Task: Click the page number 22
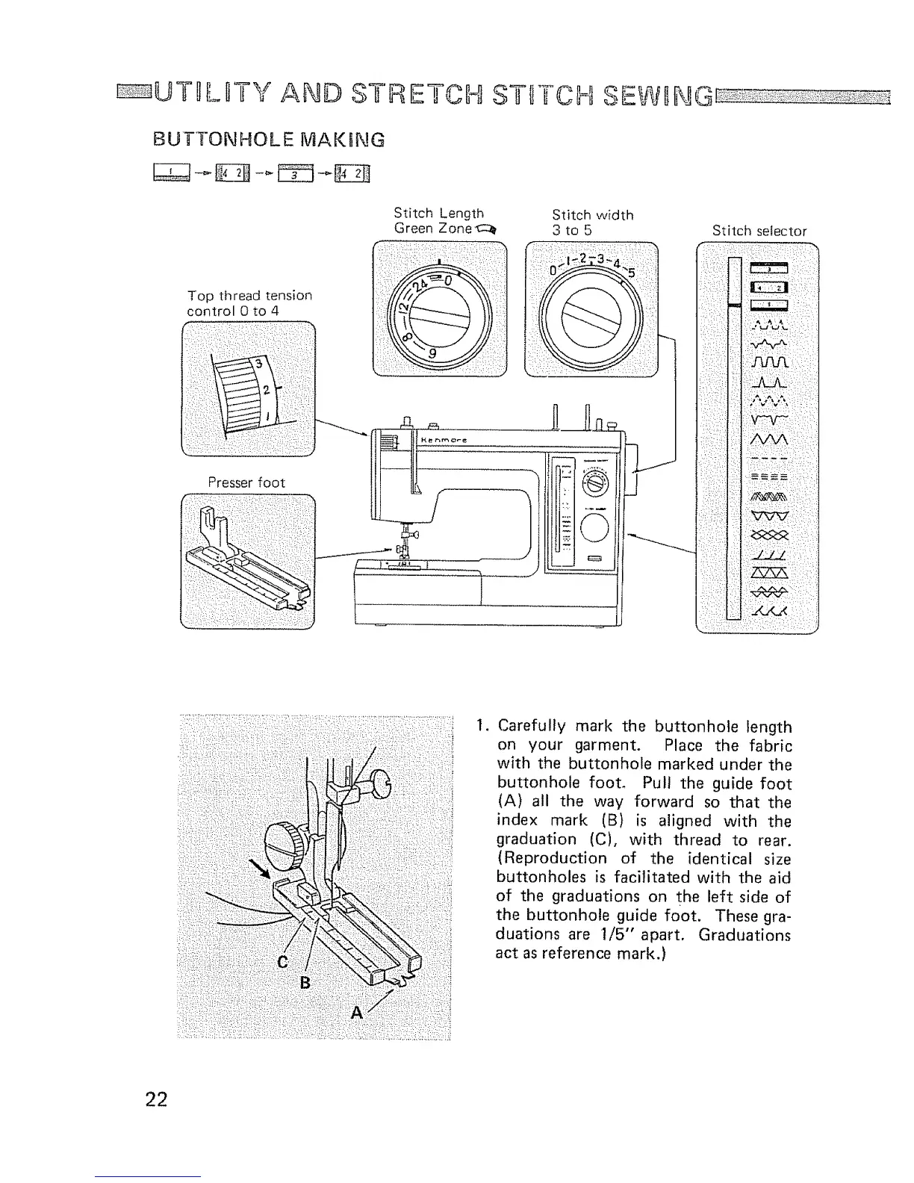coord(157,1099)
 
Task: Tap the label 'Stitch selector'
coord(759,231)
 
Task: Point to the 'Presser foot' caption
coord(246,482)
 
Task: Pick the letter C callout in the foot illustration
coord(282,963)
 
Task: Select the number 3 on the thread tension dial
coord(259,363)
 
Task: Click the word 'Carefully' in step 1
coord(530,726)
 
